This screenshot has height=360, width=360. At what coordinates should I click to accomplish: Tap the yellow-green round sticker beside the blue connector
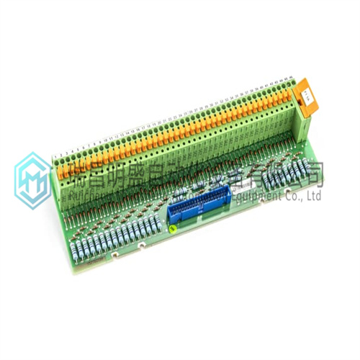pyautogui.click(x=173, y=229)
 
